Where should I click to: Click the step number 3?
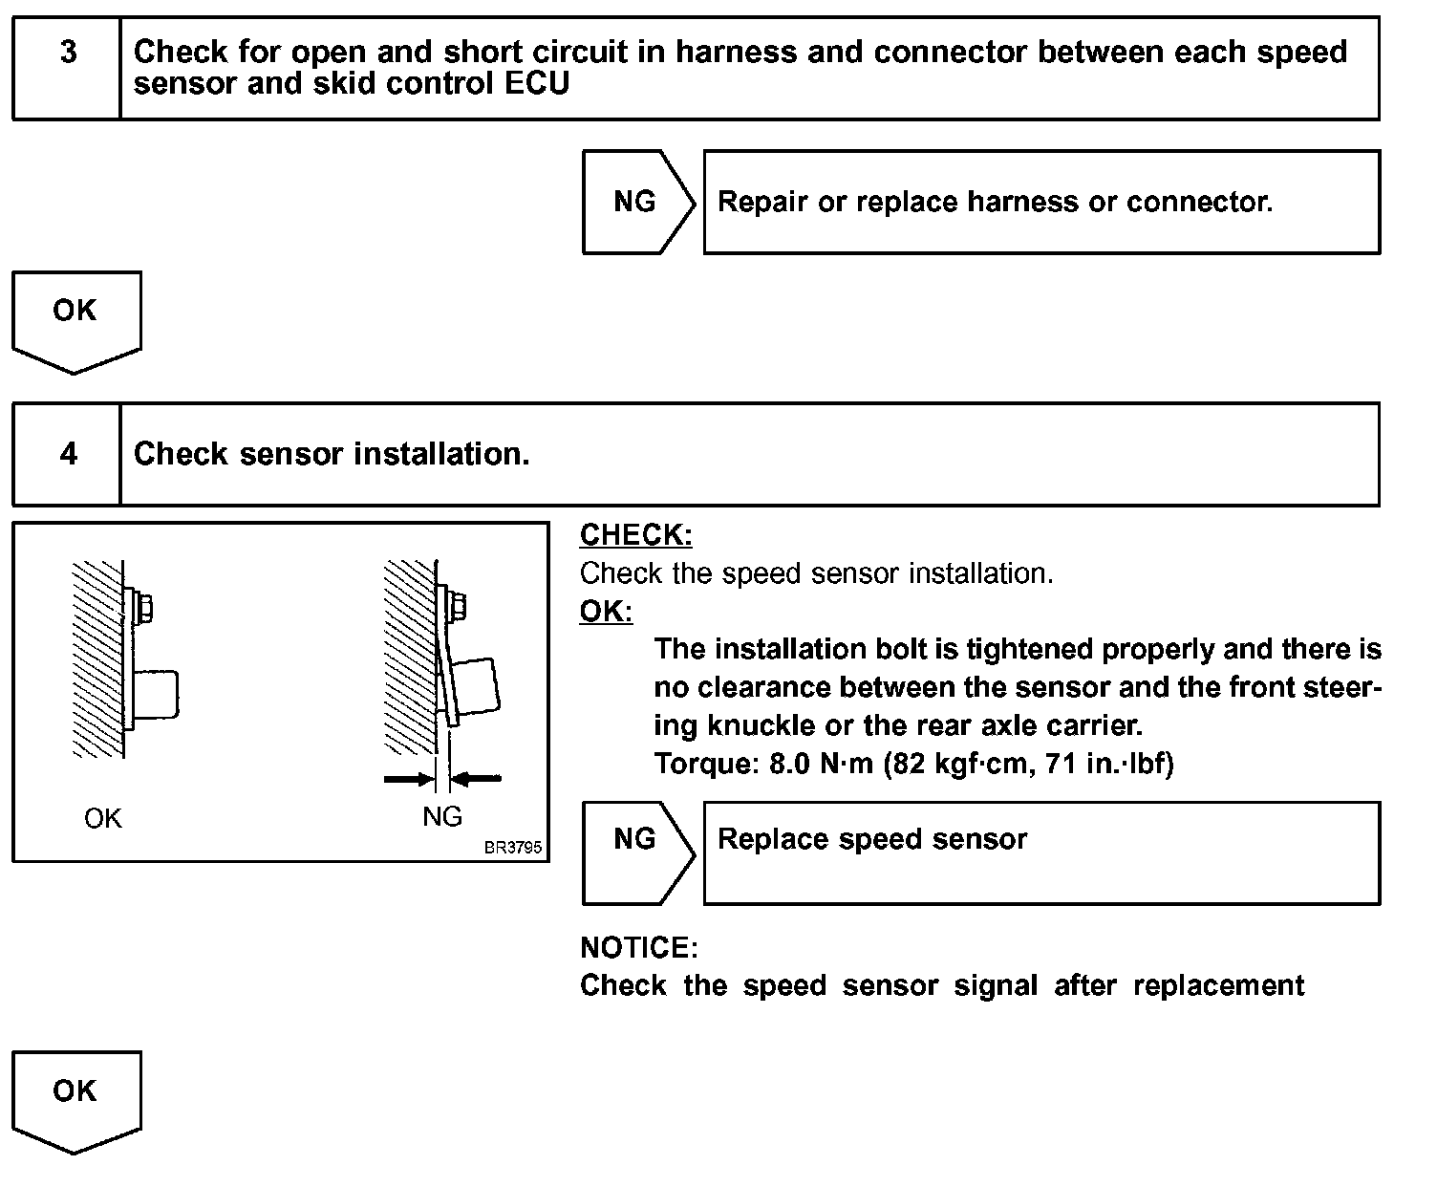pyautogui.click(x=68, y=52)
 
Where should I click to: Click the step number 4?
pyautogui.click(x=68, y=454)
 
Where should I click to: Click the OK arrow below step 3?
pyautogui.click(x=76, y=321)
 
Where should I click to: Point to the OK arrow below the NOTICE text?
pyautogui.click(x=76, y=1102)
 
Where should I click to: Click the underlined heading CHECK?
pyautogui.click(x=636, y=535)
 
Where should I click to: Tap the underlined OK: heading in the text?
pyautogui.click(x=606, y=611)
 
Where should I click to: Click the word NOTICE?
pyautogui.click(x=639, y=947)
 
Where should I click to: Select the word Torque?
pyautogui.click(x=706, y=764)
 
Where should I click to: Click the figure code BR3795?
pyautogui.click(x=513, y=848)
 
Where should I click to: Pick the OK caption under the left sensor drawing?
pyautogui.click(x=102, y=819)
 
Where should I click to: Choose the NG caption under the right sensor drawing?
pyautogui.click(x=441, y=817)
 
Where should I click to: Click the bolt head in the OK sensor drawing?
pyautogui.click(x=144, y=608)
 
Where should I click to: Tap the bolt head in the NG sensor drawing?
pyautogui.click(x=458, y=607)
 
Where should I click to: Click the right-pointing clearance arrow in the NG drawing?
pyautogui.click(x=410, y=780)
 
